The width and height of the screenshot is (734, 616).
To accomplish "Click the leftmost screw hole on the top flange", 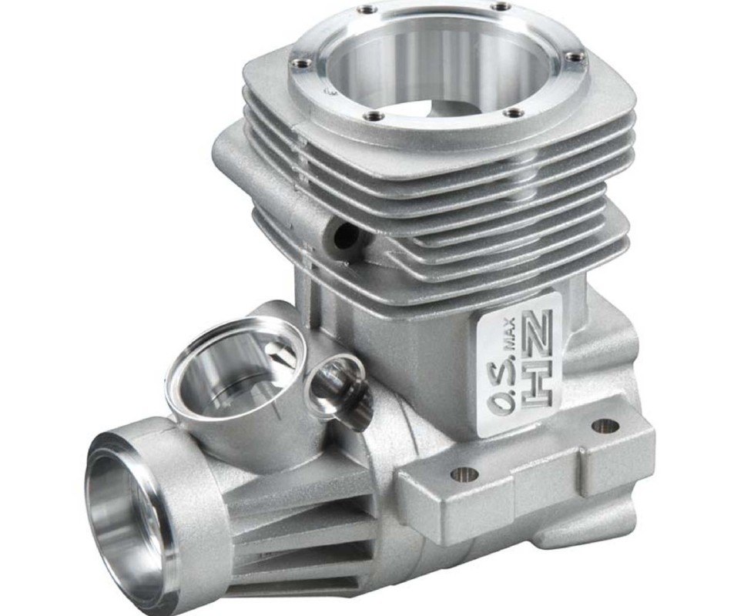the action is click(297, 61).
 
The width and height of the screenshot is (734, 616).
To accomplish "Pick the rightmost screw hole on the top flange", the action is click(570, 57).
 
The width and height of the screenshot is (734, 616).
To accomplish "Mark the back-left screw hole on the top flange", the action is click(362, 8).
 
